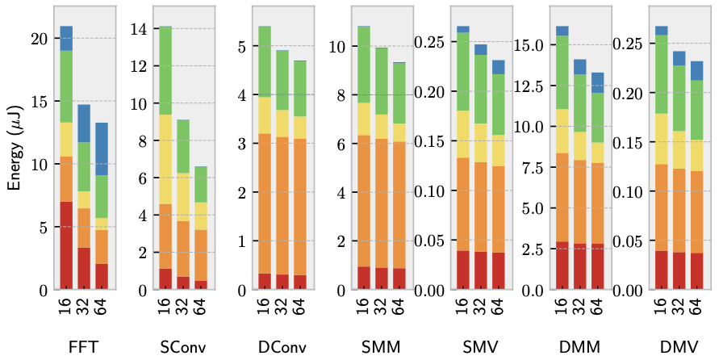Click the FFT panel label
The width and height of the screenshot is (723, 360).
point(84,346)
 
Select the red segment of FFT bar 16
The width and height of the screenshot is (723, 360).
point(66,245)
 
